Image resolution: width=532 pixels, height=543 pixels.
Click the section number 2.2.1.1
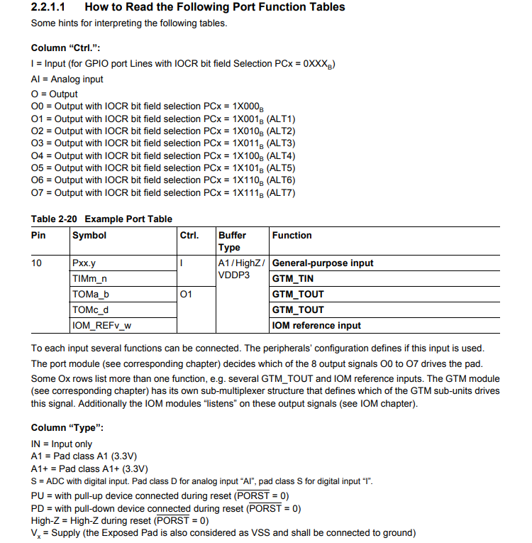point(51,7)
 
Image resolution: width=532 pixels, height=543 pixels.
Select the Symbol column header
point(89,236)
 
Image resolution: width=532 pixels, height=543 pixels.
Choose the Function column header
point(292,236)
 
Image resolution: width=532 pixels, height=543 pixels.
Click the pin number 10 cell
point(37,263)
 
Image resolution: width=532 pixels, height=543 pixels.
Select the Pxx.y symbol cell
point(84,263)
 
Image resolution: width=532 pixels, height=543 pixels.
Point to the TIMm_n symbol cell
point(89,279)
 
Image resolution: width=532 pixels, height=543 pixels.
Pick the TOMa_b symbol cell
point(91,295)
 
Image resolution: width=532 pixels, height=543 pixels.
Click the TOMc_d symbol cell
point(91,310)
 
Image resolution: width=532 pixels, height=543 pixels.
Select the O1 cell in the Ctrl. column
point(187,295)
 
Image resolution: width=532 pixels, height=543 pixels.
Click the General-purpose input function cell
point(323,263)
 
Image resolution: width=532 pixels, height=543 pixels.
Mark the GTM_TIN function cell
point(293,279)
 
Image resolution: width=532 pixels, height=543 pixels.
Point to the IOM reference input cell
point(316,326)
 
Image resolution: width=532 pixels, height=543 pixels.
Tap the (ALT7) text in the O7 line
point(280,193)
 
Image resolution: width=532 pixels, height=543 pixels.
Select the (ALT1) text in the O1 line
point(280,119)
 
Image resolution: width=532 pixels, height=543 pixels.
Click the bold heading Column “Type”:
point(67,428)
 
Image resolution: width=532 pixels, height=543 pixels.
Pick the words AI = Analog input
point(67,79)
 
